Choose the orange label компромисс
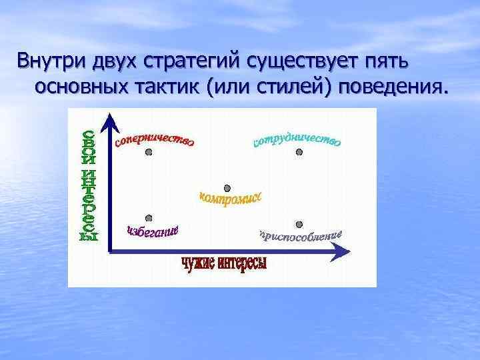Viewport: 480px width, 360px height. [231, 198]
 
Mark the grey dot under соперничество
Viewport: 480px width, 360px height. [149, 152]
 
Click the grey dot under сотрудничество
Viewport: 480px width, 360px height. [299, 152]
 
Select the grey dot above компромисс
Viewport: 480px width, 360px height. [227, 188]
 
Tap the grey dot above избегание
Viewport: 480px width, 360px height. [149, 217]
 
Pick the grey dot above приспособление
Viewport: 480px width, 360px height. [299, 224]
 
